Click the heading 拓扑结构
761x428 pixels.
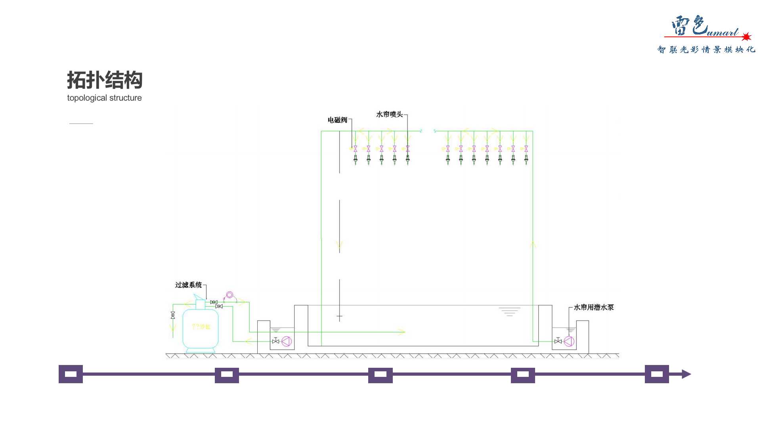[105, 80]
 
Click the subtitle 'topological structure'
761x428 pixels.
[104, 98]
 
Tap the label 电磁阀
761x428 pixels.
[337, 120]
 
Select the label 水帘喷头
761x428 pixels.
[389, 114]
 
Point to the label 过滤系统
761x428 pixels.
[188, 285]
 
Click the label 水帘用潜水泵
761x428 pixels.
[593, 307]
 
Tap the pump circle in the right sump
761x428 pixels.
[569, 341]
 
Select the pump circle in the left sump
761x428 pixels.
[287, 341]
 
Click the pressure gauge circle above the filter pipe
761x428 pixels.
[229, 295]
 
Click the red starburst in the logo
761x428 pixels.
[746, 37]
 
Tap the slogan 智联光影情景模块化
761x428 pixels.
[706, 50]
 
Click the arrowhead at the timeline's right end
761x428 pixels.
[686, 374]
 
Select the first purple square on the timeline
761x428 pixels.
[71, 374]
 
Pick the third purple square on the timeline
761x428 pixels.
[380, 374]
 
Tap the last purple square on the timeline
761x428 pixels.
[657, 374]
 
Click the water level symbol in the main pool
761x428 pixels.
[509, 311]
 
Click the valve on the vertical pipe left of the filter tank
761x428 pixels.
[173, 315]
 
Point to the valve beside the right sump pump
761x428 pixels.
[558, 341]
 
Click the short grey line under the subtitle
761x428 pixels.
[81, 124]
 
